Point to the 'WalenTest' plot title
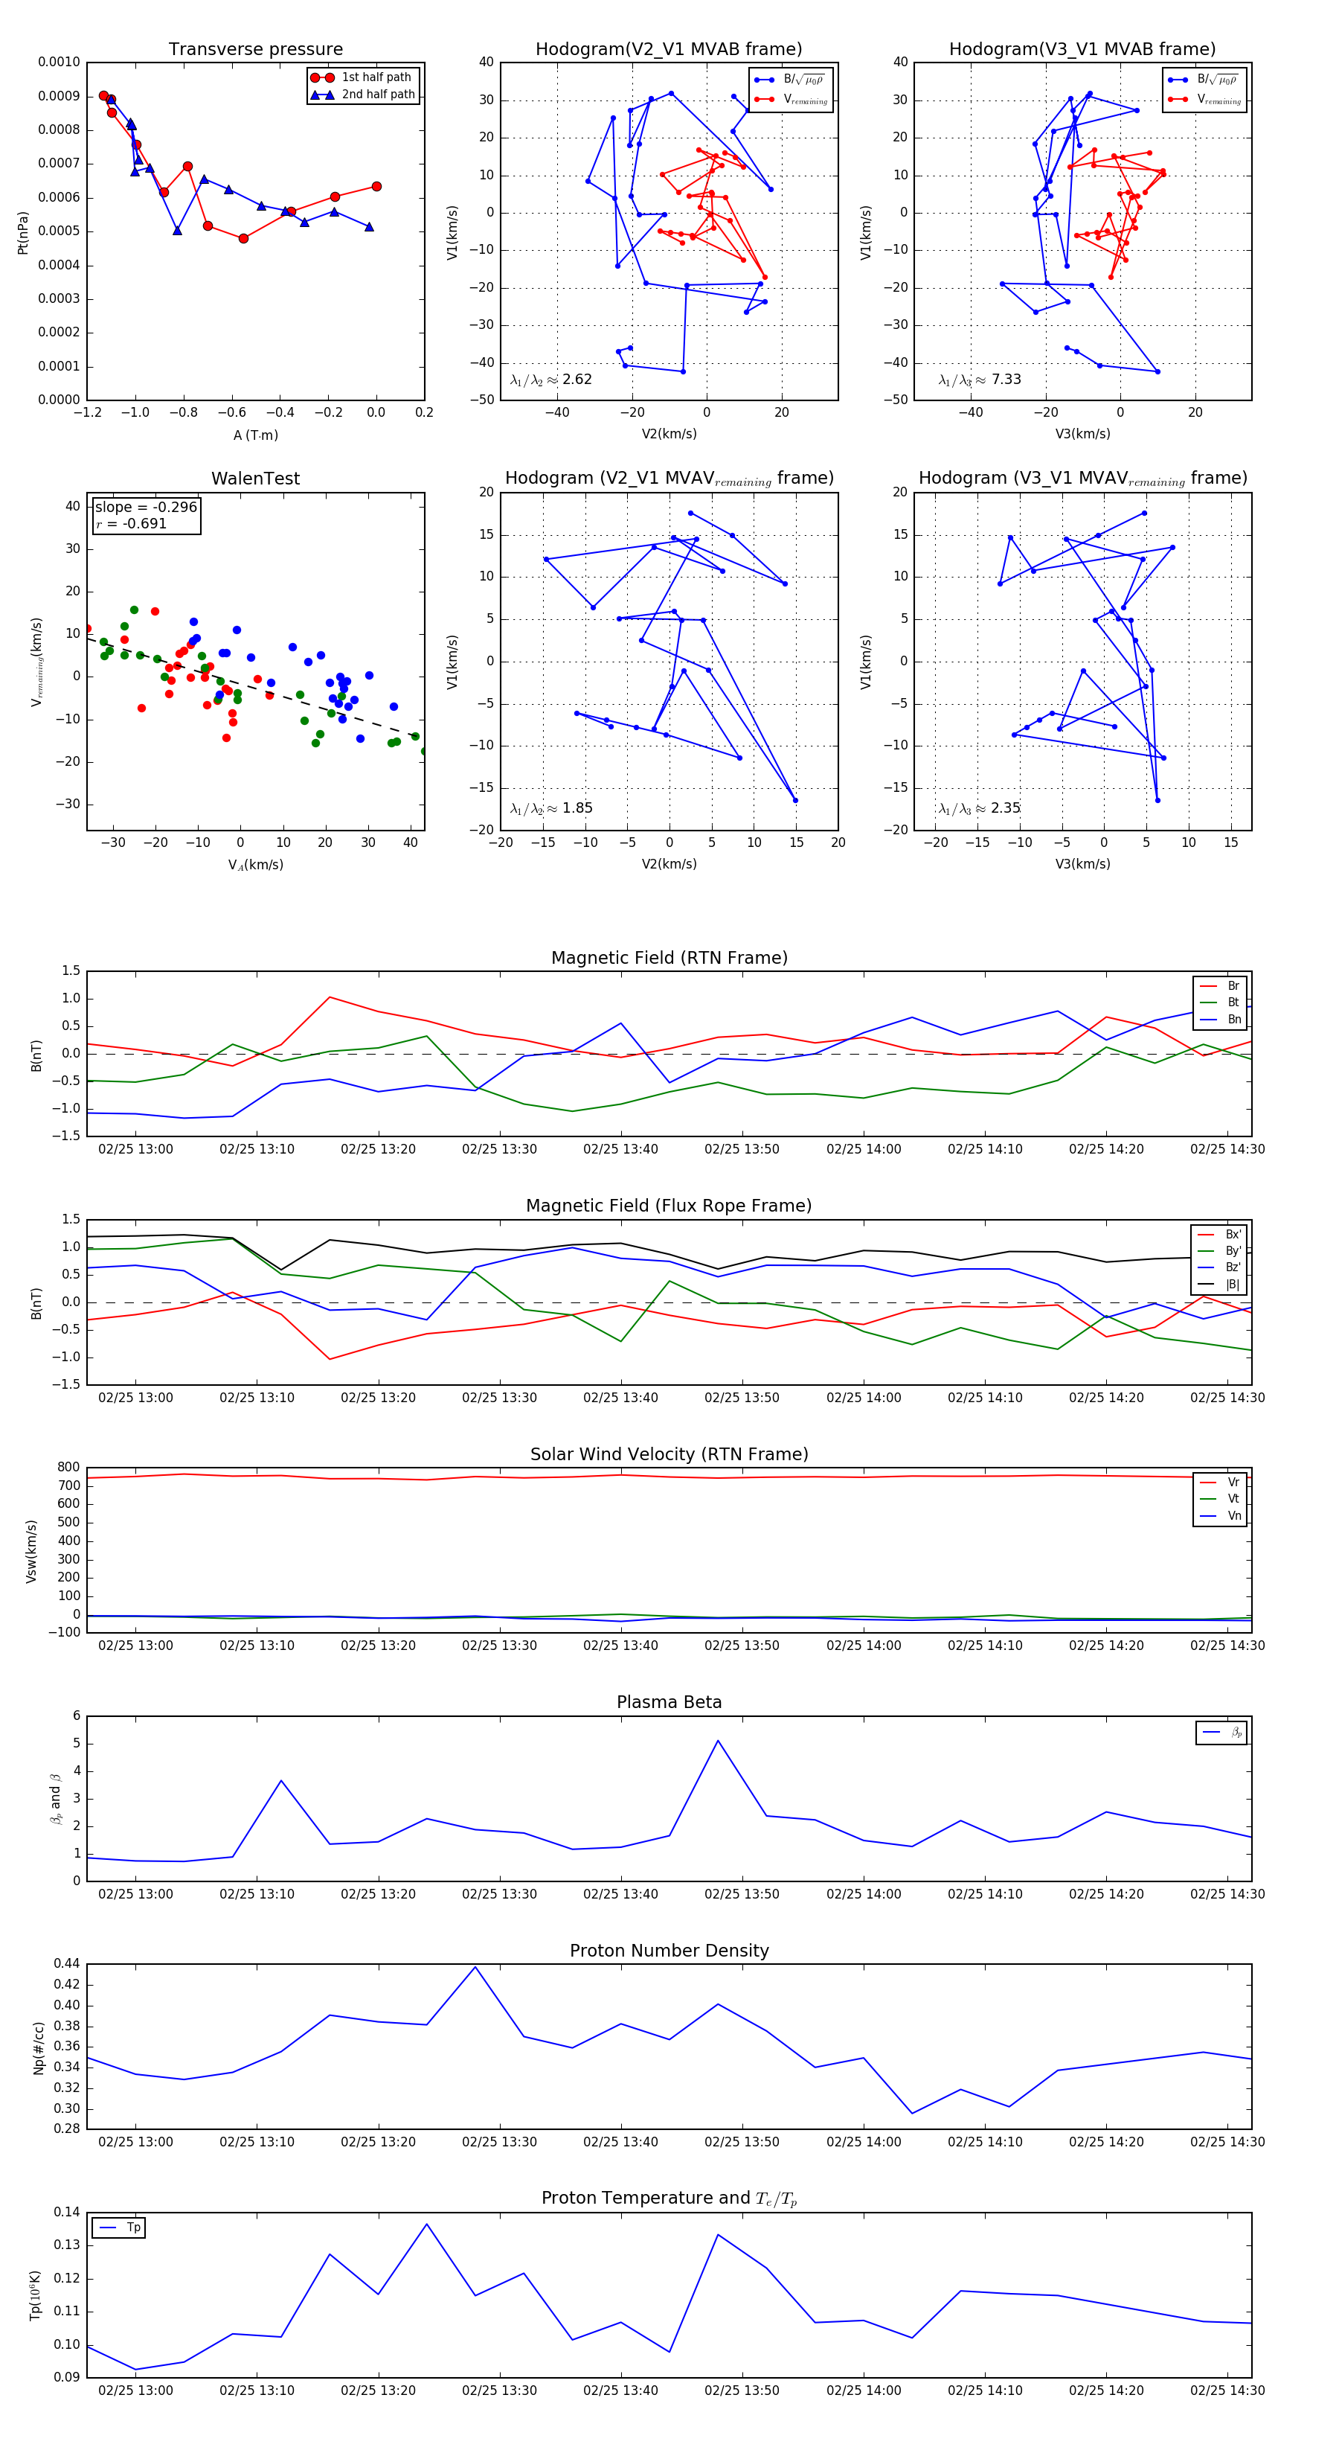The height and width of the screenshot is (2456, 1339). coord(255,479)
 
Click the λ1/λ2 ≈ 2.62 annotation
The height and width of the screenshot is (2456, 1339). coord(550,380)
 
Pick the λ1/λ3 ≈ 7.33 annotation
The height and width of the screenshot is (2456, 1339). coord(980,380)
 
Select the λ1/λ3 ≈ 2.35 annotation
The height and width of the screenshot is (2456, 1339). coord(980,808)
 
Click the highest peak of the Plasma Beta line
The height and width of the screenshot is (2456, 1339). coord(718,1741)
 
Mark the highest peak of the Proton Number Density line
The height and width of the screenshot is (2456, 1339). coord(475,1967)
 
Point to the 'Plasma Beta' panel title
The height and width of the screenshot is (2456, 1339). coord(669,1703)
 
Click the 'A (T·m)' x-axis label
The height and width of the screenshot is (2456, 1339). coord(255,435)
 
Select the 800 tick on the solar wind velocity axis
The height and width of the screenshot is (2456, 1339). coord(68,1468)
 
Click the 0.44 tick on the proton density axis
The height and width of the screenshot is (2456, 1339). coord(67,1963)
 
